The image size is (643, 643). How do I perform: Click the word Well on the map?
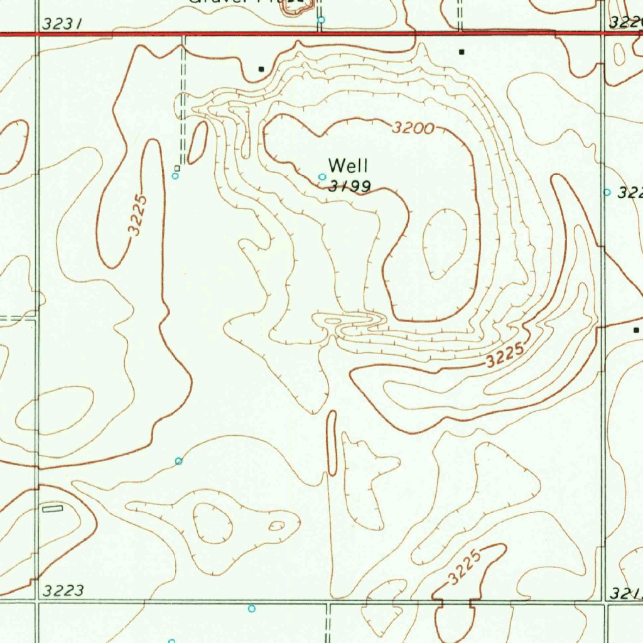click(349, 166)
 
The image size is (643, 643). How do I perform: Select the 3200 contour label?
click(413, 129)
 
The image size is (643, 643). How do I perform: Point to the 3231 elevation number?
click(62, 24)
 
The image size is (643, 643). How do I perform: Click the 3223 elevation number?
click(63, 590)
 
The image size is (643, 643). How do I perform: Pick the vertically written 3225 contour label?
click(139, 215)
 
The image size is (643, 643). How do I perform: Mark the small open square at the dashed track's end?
click(178, 168)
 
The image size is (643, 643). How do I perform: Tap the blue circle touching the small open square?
click(175, 176)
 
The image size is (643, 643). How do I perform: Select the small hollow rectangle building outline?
click(53, 508)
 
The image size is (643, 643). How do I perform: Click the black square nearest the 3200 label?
click(462, 51)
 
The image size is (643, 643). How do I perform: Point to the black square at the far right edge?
click(636, 330)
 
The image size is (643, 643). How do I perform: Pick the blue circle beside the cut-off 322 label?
click(607, 192)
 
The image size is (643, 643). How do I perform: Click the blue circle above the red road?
click(321, 20)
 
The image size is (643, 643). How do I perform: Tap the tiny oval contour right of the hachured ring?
click(276, 526)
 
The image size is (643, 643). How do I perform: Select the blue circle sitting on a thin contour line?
click(179, 462)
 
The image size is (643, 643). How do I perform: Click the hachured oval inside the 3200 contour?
click(445, 244)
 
